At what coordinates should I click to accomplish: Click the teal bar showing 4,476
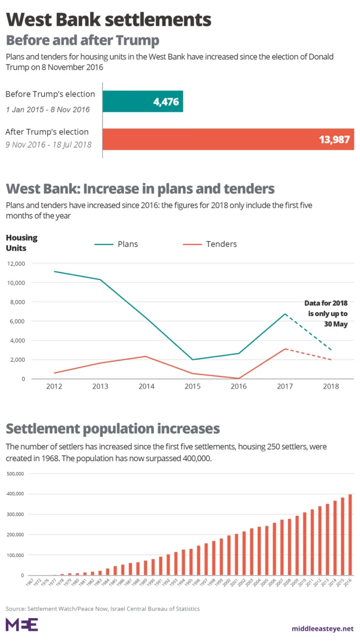pos(143,101)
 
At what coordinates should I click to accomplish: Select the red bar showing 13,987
pos(228,139)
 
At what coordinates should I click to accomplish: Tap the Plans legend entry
pos(116,244)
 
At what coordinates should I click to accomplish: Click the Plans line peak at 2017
pos(284,314)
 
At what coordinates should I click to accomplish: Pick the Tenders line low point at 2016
pos(238,378)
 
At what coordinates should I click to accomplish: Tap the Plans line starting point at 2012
pos(55,271)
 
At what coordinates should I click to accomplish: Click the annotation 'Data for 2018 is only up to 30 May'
pos(327,313)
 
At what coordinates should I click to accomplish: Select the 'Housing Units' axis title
pos(21,243)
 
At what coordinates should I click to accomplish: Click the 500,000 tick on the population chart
pos(15,473)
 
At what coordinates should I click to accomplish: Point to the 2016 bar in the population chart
pos(350,534)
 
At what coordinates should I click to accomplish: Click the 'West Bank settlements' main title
pos(109,20)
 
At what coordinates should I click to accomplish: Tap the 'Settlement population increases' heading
pos(113,429)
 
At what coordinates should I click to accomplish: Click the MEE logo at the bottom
pos(21,624)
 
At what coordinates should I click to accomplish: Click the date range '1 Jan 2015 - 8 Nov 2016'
pos(48,110)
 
